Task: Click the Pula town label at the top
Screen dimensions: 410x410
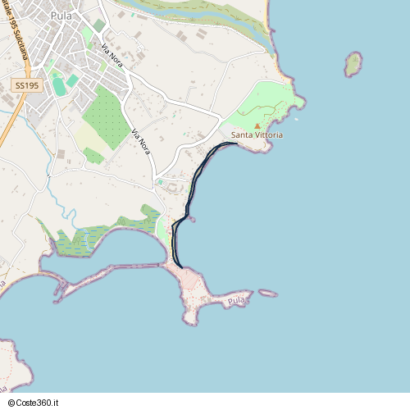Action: pos(61,15)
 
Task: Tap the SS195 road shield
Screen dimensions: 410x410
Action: pos(26,85)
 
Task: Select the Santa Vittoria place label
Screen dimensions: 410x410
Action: pos(257,134)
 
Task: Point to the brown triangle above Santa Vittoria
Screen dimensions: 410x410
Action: pos(257,125)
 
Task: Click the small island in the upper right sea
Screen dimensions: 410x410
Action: pos(353,63)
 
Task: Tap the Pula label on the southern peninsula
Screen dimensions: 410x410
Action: pos(237,302)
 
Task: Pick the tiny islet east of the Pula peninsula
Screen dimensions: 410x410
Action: pos(268,293)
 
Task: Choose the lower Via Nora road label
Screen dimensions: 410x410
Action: pos(141,141)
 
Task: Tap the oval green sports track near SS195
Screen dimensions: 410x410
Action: pos(58,85)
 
